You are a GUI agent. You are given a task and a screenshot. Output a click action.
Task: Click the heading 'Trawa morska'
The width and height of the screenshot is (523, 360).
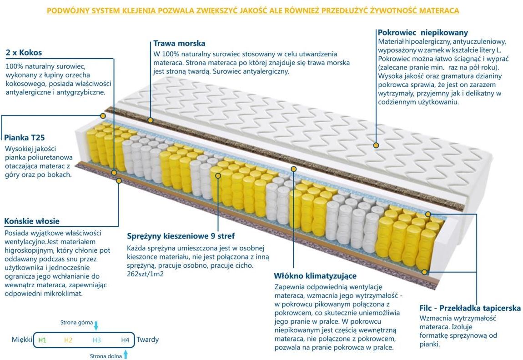pos(179,44)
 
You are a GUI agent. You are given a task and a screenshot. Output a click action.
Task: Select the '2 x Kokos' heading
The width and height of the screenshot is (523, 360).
pos(24,53)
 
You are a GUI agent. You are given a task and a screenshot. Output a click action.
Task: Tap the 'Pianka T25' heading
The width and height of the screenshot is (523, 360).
pos(25,137)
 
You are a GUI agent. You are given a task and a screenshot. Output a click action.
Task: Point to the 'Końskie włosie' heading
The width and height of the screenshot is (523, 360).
pos(32,221)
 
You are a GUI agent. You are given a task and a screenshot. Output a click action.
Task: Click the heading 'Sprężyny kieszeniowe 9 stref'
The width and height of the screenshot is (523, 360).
pos(181,236)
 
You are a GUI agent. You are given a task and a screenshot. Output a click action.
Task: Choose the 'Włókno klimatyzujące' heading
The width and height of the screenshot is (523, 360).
pos(315,276)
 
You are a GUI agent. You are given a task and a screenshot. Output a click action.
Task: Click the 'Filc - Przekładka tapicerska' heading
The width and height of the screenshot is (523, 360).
pos(470,308)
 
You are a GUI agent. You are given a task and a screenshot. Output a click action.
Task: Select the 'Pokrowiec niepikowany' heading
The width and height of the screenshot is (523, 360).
pos(422,33)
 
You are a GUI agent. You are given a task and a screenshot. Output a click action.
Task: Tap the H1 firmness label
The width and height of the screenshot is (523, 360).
pos(42,340)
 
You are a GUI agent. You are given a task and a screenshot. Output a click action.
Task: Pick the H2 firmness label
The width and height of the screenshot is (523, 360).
pos(68,340)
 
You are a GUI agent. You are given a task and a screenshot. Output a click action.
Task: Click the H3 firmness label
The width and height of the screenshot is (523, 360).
pos(96,340)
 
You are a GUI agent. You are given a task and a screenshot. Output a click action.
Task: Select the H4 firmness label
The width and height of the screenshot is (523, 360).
pos(125,340)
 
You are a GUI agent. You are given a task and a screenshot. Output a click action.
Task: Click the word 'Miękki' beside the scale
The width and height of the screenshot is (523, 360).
pos(22,340)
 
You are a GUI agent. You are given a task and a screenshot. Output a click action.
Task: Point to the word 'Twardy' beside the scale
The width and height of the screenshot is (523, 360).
pos(148,340)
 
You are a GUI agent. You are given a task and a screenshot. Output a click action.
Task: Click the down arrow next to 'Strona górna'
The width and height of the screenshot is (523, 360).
pos(96,325)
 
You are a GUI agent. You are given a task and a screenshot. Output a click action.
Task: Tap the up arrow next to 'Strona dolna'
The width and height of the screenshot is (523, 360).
pos(126,355)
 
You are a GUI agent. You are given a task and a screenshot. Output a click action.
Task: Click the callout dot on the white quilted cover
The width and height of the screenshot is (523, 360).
pos(376,145)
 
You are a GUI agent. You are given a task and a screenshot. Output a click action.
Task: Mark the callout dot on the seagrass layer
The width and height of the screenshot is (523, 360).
pos(151,120)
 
